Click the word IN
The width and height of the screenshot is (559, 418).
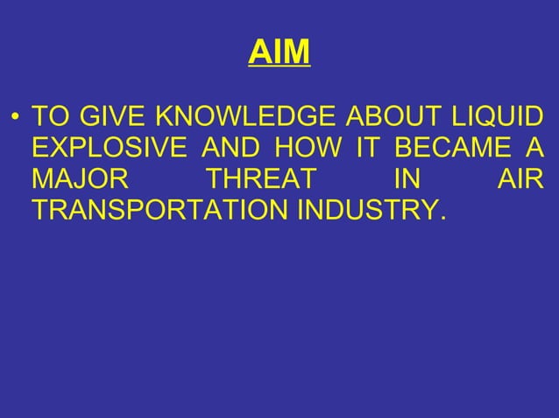[406, 181]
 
